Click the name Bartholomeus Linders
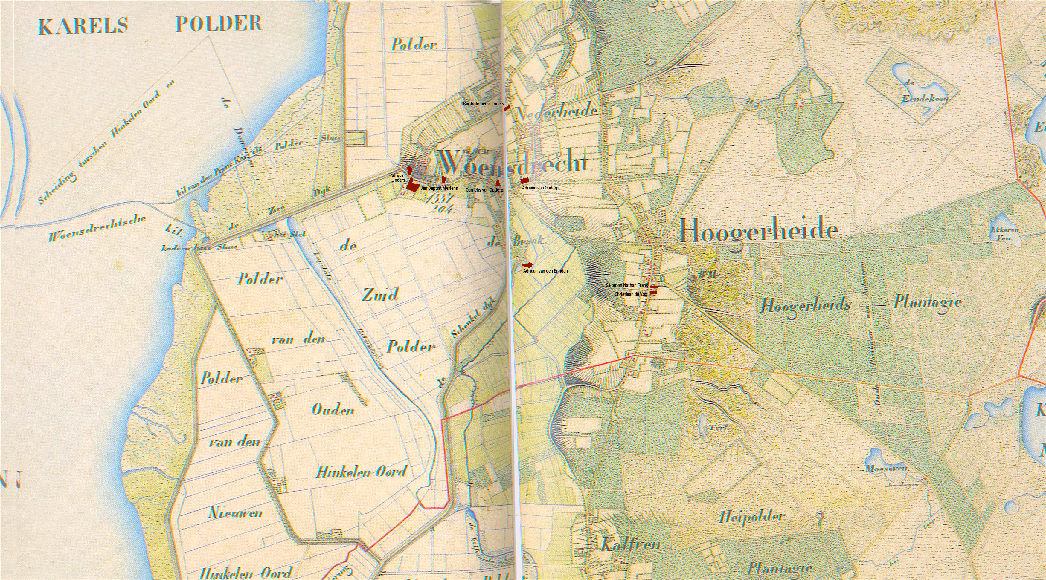tap(483, 104)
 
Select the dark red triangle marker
tap(498, 183)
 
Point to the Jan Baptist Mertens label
tap(439, 188)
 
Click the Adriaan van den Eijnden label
tap(545, 271)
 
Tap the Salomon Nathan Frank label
tap(626, 285)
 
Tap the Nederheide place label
tap(557, 112)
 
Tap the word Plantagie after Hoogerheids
tap(927, 303)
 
